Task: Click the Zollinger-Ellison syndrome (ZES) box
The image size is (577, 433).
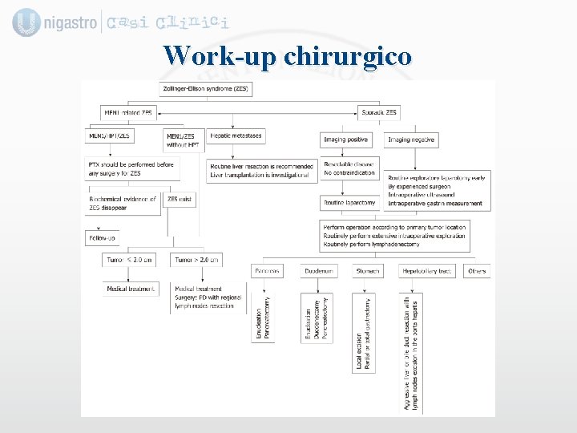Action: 207,88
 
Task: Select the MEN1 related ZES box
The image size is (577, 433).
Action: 129,113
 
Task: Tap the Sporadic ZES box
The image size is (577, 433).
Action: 379,113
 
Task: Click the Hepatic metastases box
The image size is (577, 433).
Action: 236,136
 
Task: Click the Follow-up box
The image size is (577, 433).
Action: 102,238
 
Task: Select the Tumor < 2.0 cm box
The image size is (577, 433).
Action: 130,260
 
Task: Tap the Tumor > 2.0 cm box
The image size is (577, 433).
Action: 196,260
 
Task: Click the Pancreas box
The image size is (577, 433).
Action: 268,271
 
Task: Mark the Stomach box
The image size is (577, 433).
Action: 369,271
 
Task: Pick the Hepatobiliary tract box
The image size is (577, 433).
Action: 428,271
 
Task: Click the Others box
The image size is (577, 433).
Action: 477,271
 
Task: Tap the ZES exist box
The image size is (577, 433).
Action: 180,198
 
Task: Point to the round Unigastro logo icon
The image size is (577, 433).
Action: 26,22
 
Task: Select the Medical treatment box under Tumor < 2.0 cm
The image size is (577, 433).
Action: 131,289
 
